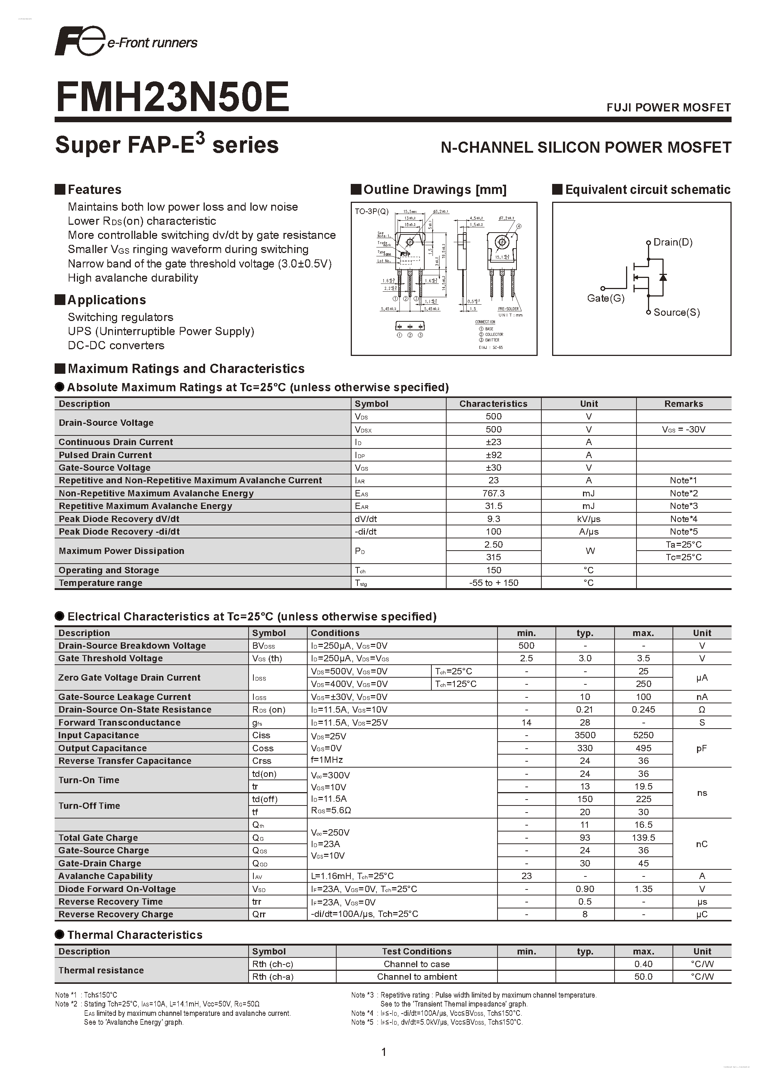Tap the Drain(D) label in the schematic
[673, 242]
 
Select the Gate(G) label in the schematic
[605, 298]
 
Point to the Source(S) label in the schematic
[676, 312]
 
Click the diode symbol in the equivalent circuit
[663, 277]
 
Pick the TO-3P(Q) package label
[371, 211]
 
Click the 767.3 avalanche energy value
[493, 493]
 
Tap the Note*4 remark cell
[683, 519]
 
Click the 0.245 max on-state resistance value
[643, 710]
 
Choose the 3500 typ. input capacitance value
[585, 735]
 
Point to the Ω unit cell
[702, 710]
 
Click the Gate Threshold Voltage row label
[110, 658]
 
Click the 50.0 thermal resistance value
[643, 977]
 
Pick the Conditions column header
[335, 633]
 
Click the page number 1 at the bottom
[383, 1052]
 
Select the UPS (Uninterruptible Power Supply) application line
[161, 331]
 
